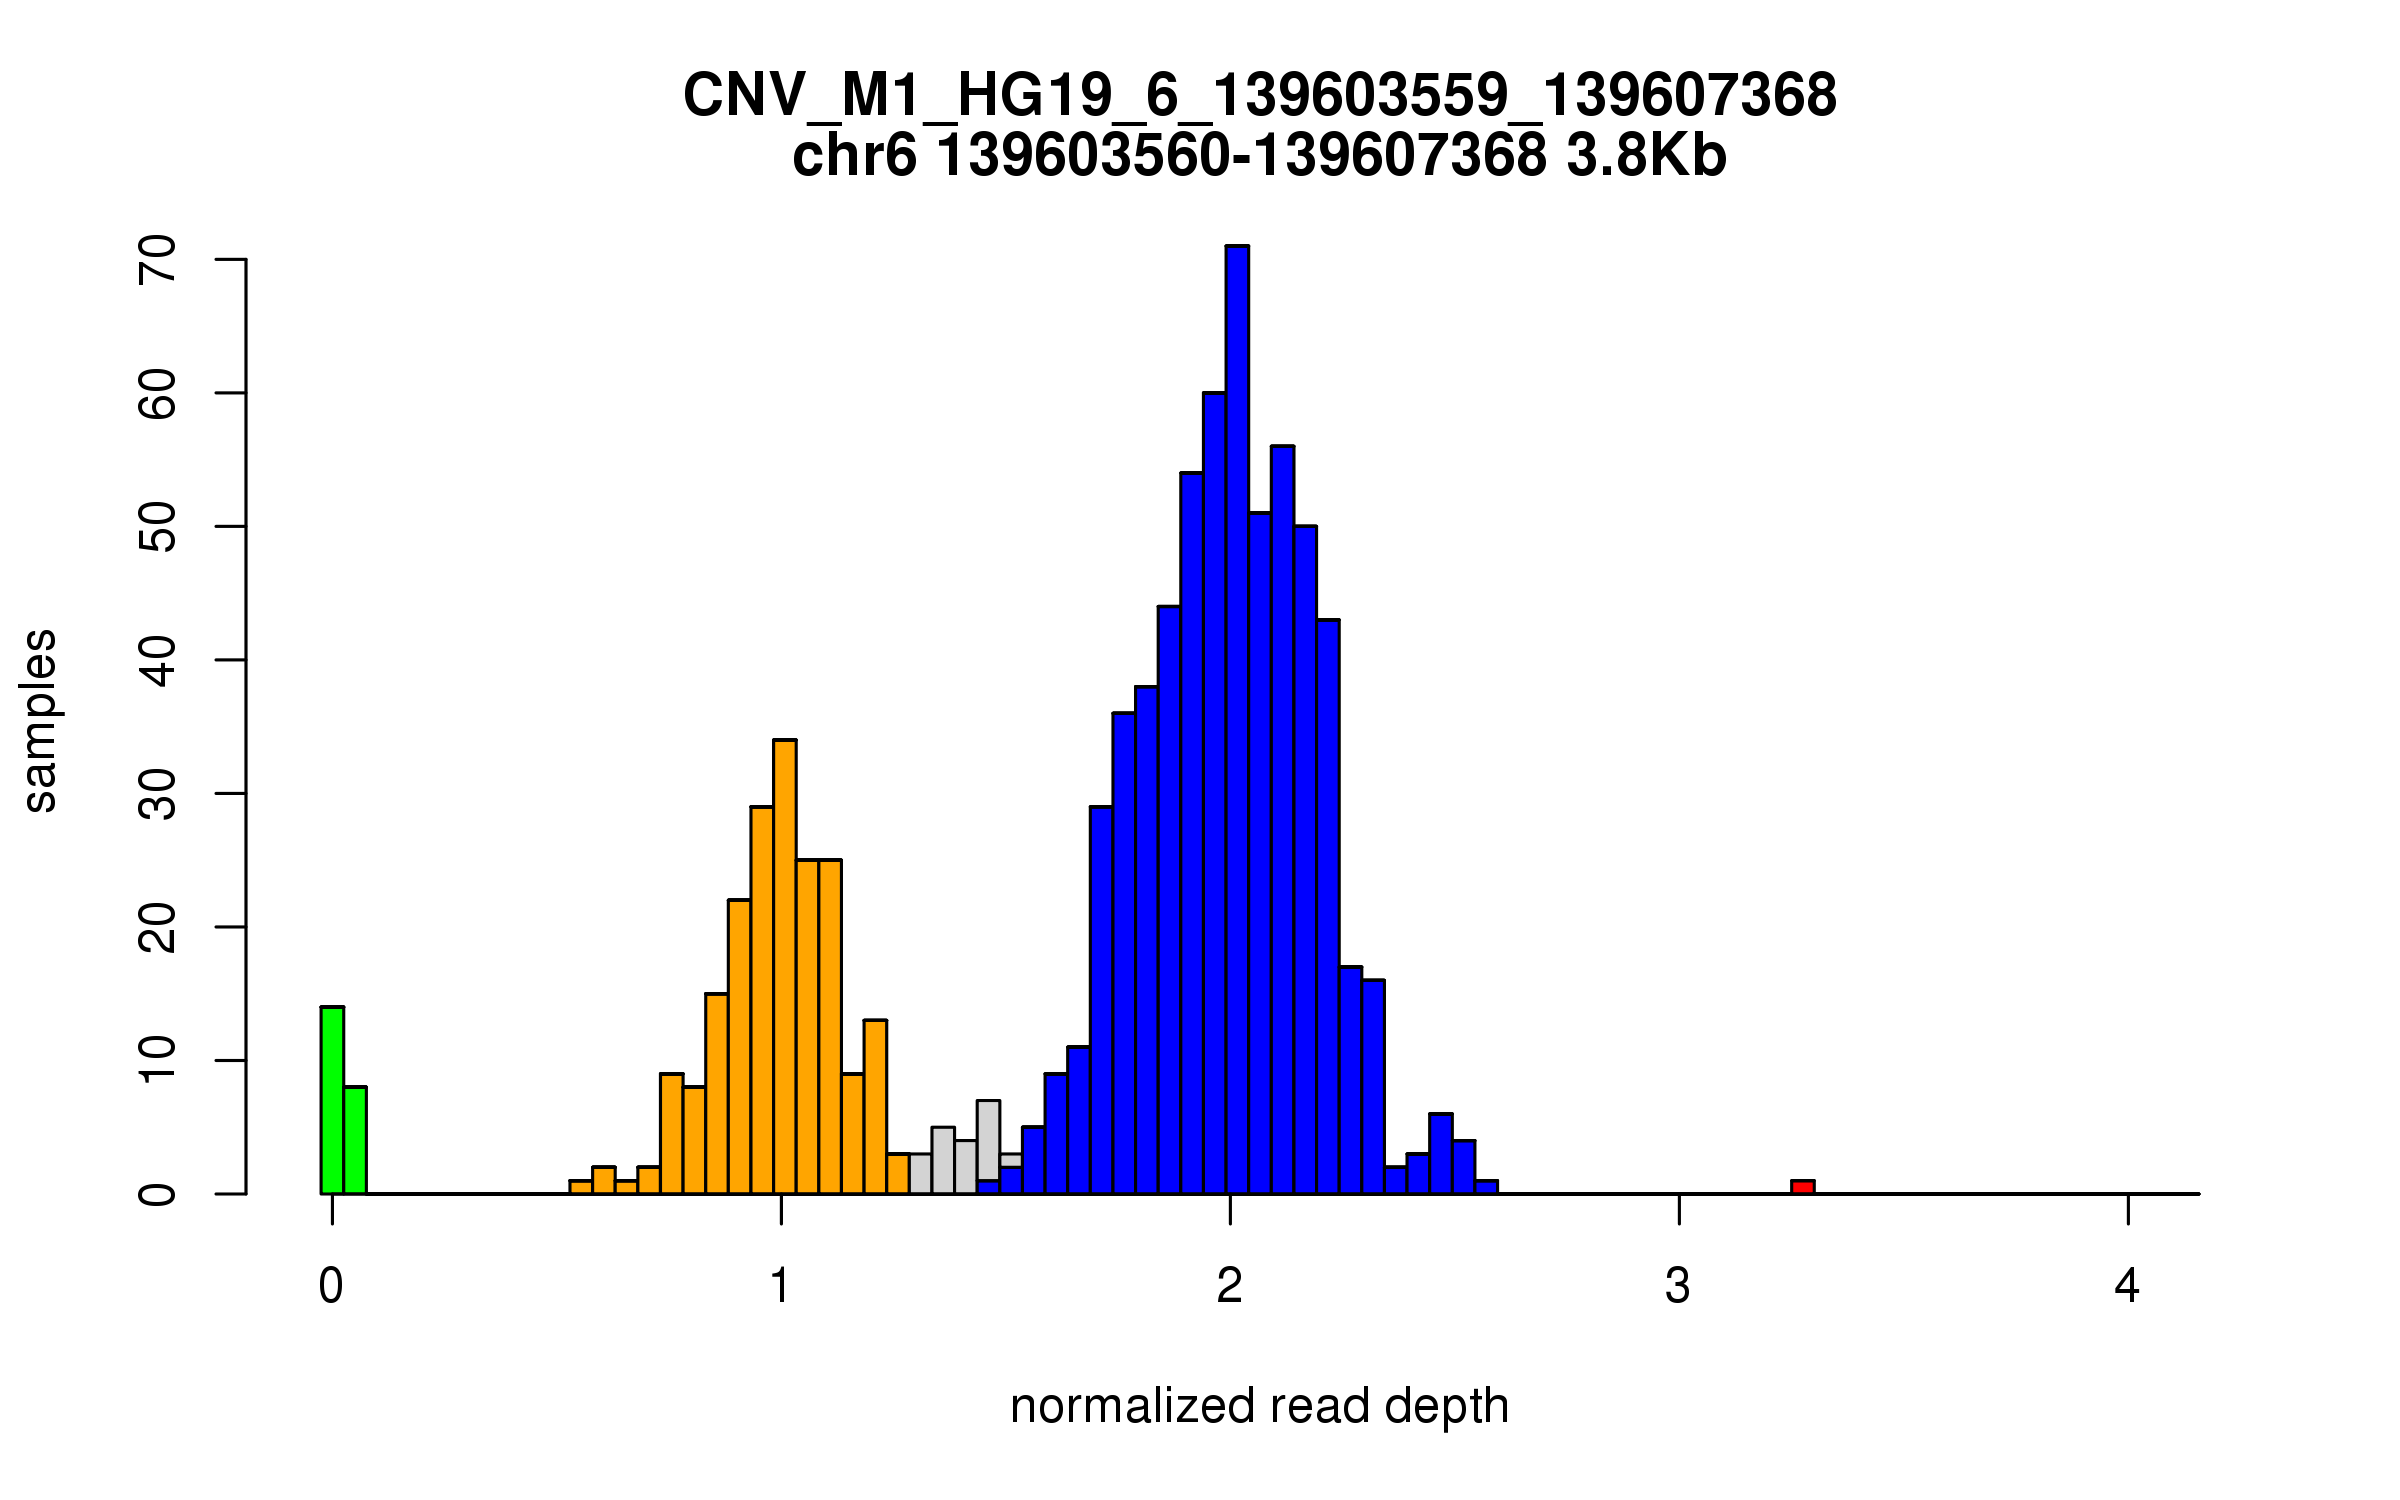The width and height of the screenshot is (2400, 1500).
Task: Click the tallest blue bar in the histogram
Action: coord(1237,720)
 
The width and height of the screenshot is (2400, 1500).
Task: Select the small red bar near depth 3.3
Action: coord(1802,1187)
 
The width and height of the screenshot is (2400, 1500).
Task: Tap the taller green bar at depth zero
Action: coord(332,1100)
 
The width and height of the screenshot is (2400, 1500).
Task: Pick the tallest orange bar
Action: coord(785,966)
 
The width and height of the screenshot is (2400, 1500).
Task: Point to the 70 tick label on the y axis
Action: coord(158,260)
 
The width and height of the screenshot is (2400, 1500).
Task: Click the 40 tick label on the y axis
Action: coord(158,660)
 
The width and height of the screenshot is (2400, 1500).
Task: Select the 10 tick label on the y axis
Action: coord(158,1060)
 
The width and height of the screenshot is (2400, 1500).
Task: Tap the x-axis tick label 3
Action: coord(1678,1286)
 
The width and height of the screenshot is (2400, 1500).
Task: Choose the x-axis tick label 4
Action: coord(2127,1286)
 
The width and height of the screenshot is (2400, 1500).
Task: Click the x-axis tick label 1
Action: coord(780,1286)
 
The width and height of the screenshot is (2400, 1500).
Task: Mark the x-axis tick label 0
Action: coord(331,1286)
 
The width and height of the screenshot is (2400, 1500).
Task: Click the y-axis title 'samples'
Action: coord(40,720)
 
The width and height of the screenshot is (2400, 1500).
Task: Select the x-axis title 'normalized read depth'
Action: coord(1259,1406)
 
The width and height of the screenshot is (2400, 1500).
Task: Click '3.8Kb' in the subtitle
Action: coord(1646,156)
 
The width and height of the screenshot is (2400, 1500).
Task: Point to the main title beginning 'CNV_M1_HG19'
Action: coord(1259,96)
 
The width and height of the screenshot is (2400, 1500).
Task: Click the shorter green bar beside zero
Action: coord(355,1140)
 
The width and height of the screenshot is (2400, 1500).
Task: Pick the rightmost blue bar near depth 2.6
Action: coord(1486,1187)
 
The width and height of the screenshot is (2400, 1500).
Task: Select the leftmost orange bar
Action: coord(580,1187)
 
